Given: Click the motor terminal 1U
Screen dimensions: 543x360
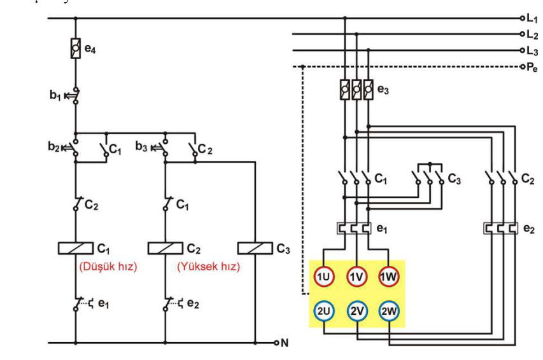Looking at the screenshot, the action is pos(323,277).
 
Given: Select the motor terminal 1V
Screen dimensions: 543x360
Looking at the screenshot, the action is pos(356,277).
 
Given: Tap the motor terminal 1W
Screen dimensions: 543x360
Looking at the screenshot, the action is pos(388,277).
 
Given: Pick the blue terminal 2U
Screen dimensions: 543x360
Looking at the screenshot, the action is pos(323,311).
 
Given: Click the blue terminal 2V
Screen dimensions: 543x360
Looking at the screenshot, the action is pos(356,311).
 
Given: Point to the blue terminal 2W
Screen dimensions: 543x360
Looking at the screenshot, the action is pos(388,311).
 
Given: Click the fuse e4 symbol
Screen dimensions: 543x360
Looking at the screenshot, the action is pos(76,48).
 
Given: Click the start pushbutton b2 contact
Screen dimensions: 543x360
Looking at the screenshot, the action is pos(72,148).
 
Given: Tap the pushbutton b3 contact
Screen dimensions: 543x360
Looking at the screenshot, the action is pos(162,148).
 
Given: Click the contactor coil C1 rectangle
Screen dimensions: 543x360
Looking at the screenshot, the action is pos(76,248).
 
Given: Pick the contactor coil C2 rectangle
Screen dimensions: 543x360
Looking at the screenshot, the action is pos(166,248).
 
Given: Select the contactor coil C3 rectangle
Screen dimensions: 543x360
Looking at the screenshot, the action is pos(255,248).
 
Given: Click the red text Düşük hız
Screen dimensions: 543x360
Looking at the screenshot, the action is pos(108,267).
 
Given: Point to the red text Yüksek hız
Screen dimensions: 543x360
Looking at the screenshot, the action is pos(208,267).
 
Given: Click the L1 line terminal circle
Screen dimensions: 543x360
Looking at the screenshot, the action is pos(523,18).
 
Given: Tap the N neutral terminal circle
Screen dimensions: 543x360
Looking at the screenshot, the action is pos(276,343).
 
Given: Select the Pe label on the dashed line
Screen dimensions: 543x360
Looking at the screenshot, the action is pos(532,67).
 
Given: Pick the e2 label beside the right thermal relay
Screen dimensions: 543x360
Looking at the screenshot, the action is pos(529,229).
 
